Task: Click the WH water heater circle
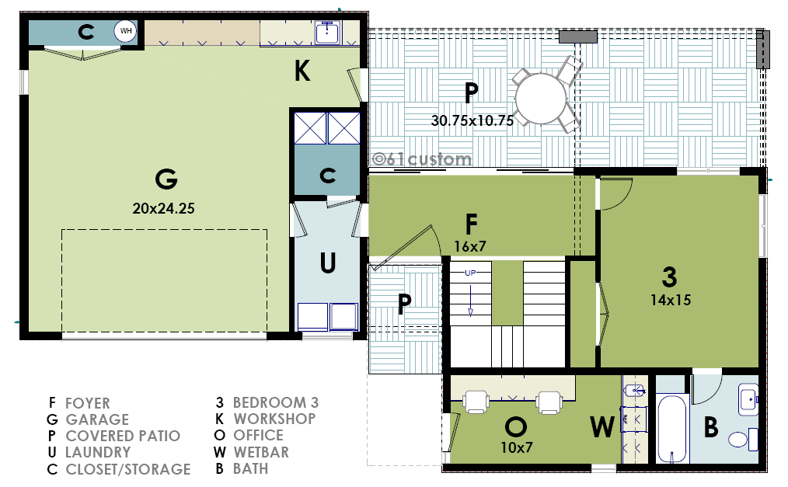click(x=125, y=31)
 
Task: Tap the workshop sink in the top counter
click(x=328, y=32)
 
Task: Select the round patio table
click(x=541, y=99)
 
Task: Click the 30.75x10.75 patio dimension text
click(x=472, y=120)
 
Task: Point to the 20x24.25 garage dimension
click(x=163, y=208)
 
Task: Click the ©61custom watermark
click(x=422, y=159)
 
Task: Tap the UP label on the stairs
click(x=470, y=273)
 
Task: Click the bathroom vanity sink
click(x=748, y=400)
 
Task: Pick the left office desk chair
click(x=476, y=402)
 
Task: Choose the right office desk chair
click(x=549, y=402)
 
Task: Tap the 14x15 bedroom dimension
click(x=671, y=301)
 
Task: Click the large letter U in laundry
click(x=328, y=263)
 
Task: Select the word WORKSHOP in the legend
click(x=274, y=419)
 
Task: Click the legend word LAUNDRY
click(x=98, y=452)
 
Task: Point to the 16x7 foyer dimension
click(x=470, y=246)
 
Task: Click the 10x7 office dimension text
click(x=517, y=447)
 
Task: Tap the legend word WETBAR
click(x=261, y=452)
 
